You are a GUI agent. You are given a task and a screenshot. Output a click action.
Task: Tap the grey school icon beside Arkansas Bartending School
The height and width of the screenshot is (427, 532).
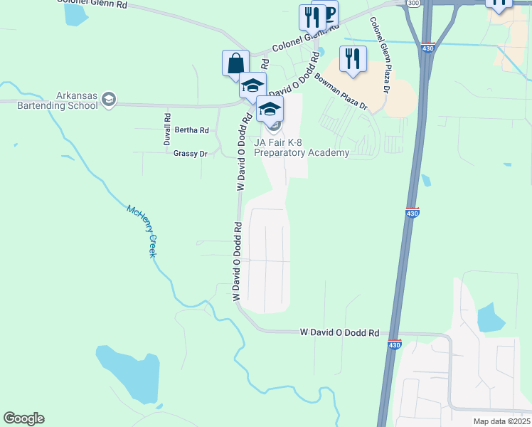tap(109, 100)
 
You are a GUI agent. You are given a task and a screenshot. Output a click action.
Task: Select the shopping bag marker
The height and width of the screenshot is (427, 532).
tap(235, 63)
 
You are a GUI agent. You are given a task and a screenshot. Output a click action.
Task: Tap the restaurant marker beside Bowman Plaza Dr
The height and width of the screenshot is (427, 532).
tap(353, 59)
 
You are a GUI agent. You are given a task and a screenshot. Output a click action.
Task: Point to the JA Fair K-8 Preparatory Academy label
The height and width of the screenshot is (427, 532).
tap(302, 147)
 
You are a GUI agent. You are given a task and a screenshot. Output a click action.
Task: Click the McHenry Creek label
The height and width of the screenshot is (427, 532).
tap(142, 231)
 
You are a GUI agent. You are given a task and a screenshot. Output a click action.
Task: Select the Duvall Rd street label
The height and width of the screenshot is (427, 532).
tap(167, 130)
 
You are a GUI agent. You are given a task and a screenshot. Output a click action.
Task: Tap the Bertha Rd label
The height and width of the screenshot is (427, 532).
tap(191, 130)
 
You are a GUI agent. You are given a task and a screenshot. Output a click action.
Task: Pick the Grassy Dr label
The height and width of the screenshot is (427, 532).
tap(190, 153)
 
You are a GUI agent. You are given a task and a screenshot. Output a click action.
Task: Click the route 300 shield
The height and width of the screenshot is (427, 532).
tap(413, 4)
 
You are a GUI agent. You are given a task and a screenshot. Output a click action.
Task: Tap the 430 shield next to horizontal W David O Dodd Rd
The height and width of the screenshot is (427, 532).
tap(395, 344)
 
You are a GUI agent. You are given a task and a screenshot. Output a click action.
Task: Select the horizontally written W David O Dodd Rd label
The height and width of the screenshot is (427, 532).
tap(339, 332)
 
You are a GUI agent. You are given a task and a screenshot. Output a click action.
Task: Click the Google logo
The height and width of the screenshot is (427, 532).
tap(23, 418)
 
